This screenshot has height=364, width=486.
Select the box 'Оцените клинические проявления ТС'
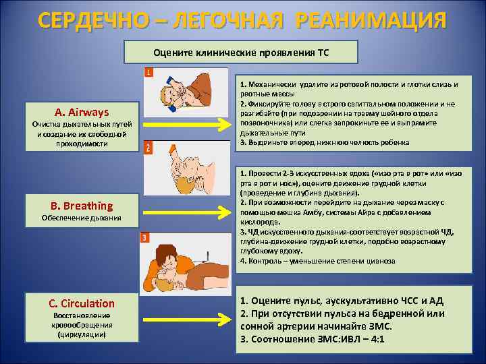point(242,51)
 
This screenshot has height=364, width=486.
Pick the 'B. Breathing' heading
point(81,206)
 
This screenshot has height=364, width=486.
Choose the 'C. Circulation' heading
point(81,303)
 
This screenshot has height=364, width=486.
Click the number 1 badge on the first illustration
point(148,71)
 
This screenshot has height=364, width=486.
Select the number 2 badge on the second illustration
point(148,148)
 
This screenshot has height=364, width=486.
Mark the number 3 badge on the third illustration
point(144,237)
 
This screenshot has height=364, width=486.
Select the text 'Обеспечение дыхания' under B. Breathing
point(81,218)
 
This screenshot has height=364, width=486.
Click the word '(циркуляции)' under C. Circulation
point(81,334)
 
